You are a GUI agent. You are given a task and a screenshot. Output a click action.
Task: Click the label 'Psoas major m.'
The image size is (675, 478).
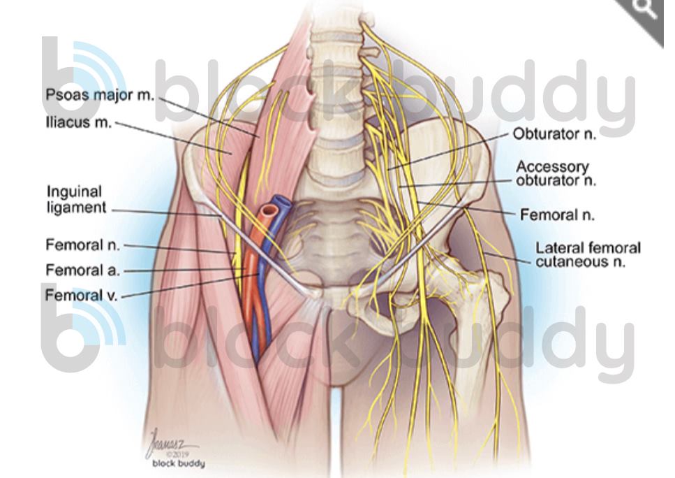tap(100, 95)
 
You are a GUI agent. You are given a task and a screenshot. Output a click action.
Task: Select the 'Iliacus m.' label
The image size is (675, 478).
tap(78, 122)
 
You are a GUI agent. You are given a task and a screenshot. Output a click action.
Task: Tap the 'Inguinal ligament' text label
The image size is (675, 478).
tap(76, 199)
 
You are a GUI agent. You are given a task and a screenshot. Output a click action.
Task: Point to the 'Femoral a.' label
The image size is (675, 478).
tap(82, 270)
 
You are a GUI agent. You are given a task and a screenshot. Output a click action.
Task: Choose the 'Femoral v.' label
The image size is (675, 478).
tap(81, 295)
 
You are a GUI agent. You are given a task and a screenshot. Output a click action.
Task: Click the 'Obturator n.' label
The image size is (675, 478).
tap(554, 134)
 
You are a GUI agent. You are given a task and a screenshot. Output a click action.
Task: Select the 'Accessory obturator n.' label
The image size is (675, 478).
tap(556, 173)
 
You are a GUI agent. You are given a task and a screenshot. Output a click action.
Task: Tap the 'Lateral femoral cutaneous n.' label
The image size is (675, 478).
tap(588, 255)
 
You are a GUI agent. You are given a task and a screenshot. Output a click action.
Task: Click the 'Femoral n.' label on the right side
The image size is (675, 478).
tap(557, 215)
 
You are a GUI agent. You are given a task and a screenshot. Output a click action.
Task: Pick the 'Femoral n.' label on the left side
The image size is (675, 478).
tap(83, 245)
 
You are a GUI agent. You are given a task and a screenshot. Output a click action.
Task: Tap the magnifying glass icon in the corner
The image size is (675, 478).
tap(644, 8)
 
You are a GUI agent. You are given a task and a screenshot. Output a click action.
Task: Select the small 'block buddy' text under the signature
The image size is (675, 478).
tap(179, 464)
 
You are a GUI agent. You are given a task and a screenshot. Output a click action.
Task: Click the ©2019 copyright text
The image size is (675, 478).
tap(177, 454)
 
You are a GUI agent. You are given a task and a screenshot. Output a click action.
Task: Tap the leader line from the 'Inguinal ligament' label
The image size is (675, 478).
tap(167, 213)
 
